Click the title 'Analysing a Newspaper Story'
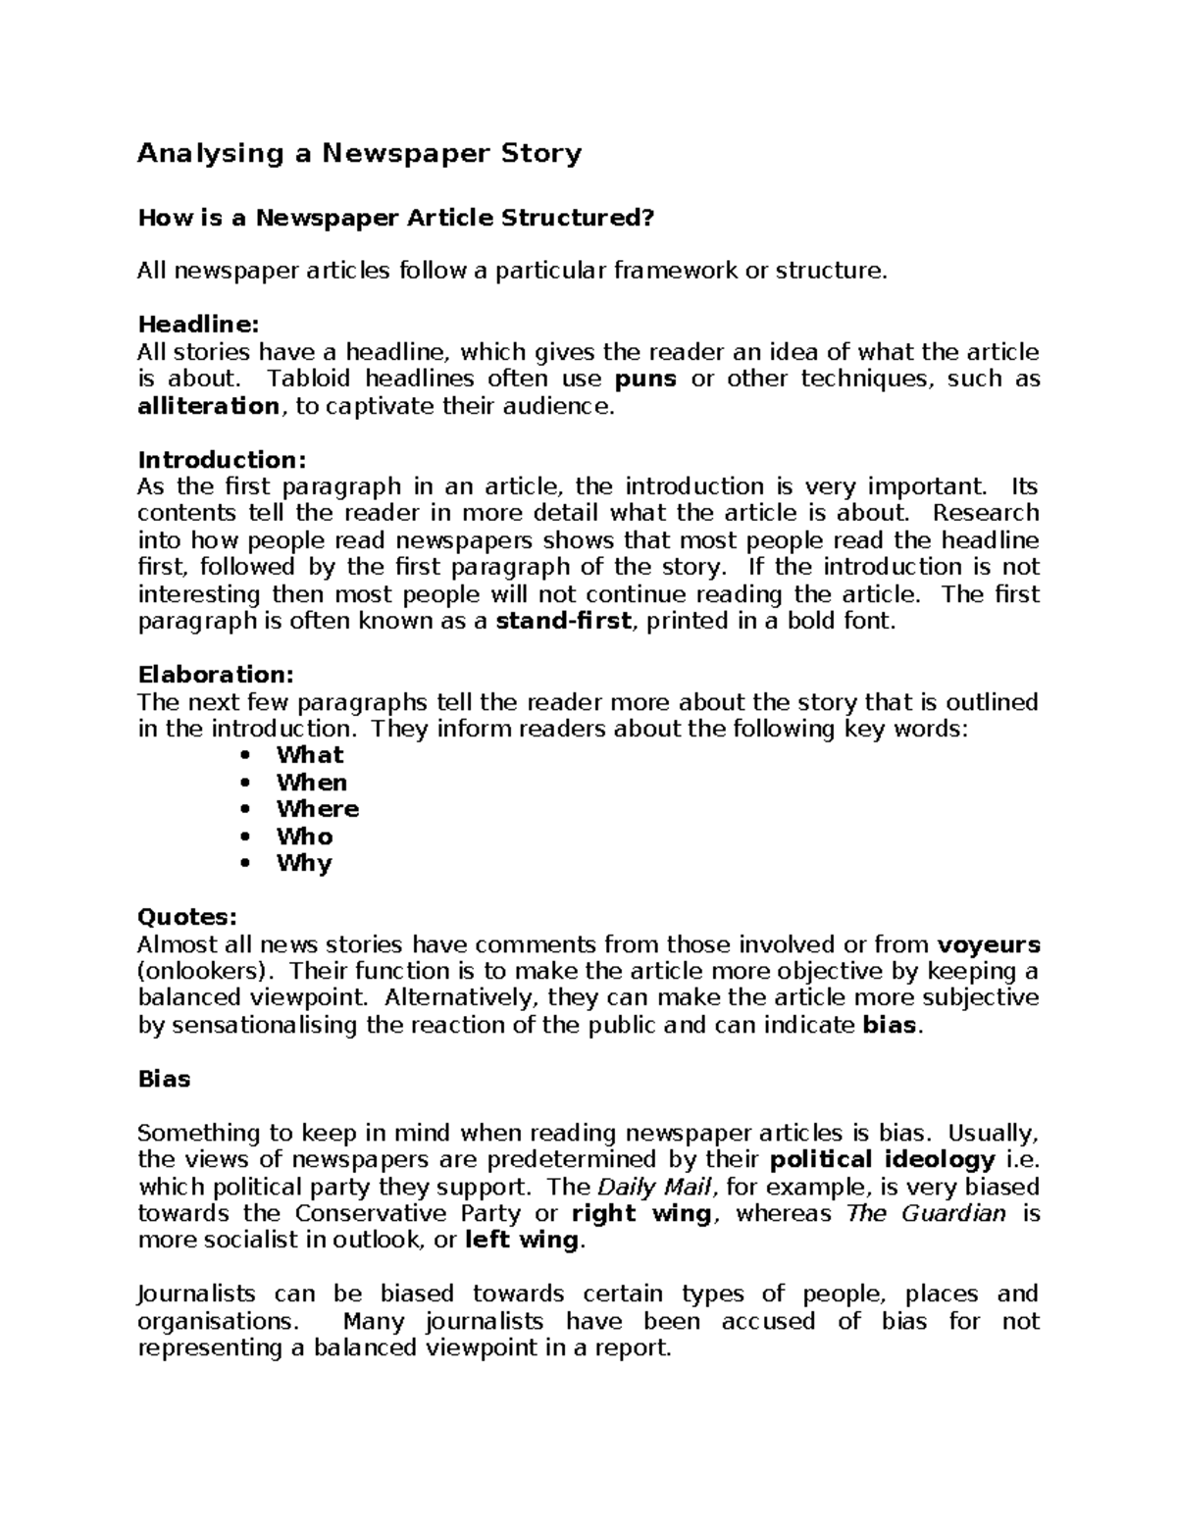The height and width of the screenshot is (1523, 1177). [x=359, y=153]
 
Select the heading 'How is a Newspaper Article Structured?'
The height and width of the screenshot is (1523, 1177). [x=394, y=218]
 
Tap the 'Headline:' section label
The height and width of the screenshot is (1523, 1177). [x=198, y=325]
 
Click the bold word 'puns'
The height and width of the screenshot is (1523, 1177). [x=644, y=379]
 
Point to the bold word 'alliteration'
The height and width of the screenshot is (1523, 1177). [x=208, y=406]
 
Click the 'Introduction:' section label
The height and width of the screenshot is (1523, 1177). [x=222, y=460]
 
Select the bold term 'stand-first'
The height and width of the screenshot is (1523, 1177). [x=564, y=621]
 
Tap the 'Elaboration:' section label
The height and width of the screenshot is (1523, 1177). [x=216, y=675]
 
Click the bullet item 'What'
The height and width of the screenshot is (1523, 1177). [x=310, y=755]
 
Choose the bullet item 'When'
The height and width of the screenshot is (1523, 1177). [x=312, y=783]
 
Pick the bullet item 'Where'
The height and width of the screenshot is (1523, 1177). [x=318, y=809]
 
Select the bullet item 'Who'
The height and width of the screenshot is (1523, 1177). [x=305, y=837]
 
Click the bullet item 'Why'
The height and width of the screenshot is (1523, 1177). [x=304, y=863]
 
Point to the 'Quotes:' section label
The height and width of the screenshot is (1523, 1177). [x=186, y=917]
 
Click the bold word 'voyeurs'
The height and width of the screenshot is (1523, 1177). [x=989, y=944]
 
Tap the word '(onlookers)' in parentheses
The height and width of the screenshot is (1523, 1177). [x=206, y=972]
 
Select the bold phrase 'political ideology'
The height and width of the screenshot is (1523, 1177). [x=883, y=1160]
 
